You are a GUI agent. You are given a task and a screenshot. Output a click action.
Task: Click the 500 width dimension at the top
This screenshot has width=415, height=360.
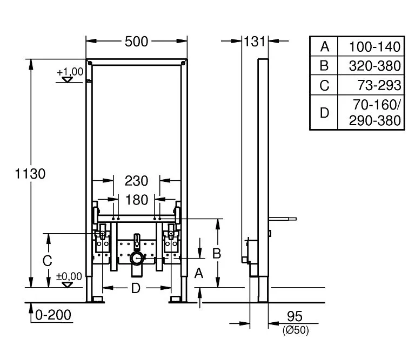pyautogui.click(x=136, y=42)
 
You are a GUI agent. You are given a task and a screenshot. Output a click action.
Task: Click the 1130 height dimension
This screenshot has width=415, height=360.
pyautogui.click(x=30, y=174)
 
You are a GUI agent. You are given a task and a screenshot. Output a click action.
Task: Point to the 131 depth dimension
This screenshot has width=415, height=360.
pyautogui.click(x=254, y=42)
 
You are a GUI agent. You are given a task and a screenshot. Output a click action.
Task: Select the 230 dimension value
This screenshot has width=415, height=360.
pyautogui.click(x=136, y=181)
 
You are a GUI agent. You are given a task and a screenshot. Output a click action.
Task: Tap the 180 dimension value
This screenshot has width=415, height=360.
pyautogui.click(x=137, y=200)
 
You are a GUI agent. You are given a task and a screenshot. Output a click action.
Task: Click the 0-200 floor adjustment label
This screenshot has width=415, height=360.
pyautogui.click(x=53, y=315)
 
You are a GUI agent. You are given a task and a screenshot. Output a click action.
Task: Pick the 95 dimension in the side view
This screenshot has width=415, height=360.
pyautogui.click(x=294, y=316)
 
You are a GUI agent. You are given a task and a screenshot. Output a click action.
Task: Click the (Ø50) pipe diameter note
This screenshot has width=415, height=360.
pyautogui.click(x=296, y=330)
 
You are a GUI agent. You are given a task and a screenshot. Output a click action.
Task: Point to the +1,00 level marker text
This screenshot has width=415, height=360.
pyautogui.click(x=70, y=72)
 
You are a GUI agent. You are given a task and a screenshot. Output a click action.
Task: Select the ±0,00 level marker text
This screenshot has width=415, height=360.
pyautogui.click(x=69, y=276)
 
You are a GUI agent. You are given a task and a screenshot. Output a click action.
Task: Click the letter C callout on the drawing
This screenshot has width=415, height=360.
pyautogui.click(x=48, y=261)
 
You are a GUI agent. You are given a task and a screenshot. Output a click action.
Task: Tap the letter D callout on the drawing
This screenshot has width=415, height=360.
pyautogui.click(x=136, y=288)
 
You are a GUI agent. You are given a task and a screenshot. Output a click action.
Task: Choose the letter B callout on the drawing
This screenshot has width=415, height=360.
pyautogui.click(x=217, y=254)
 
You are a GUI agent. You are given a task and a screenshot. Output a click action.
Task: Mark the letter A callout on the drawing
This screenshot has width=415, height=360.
pyautogui.click(x=199, y=273)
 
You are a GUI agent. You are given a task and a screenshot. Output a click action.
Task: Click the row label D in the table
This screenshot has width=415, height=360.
pyautogui.click(x=324, y=113)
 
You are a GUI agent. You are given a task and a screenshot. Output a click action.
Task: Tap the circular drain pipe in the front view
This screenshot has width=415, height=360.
pyautogui.click(x=137, y=258)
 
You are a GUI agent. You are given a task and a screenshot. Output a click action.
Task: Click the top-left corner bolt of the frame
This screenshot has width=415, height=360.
pyautogui.click(x=90, y=63)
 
